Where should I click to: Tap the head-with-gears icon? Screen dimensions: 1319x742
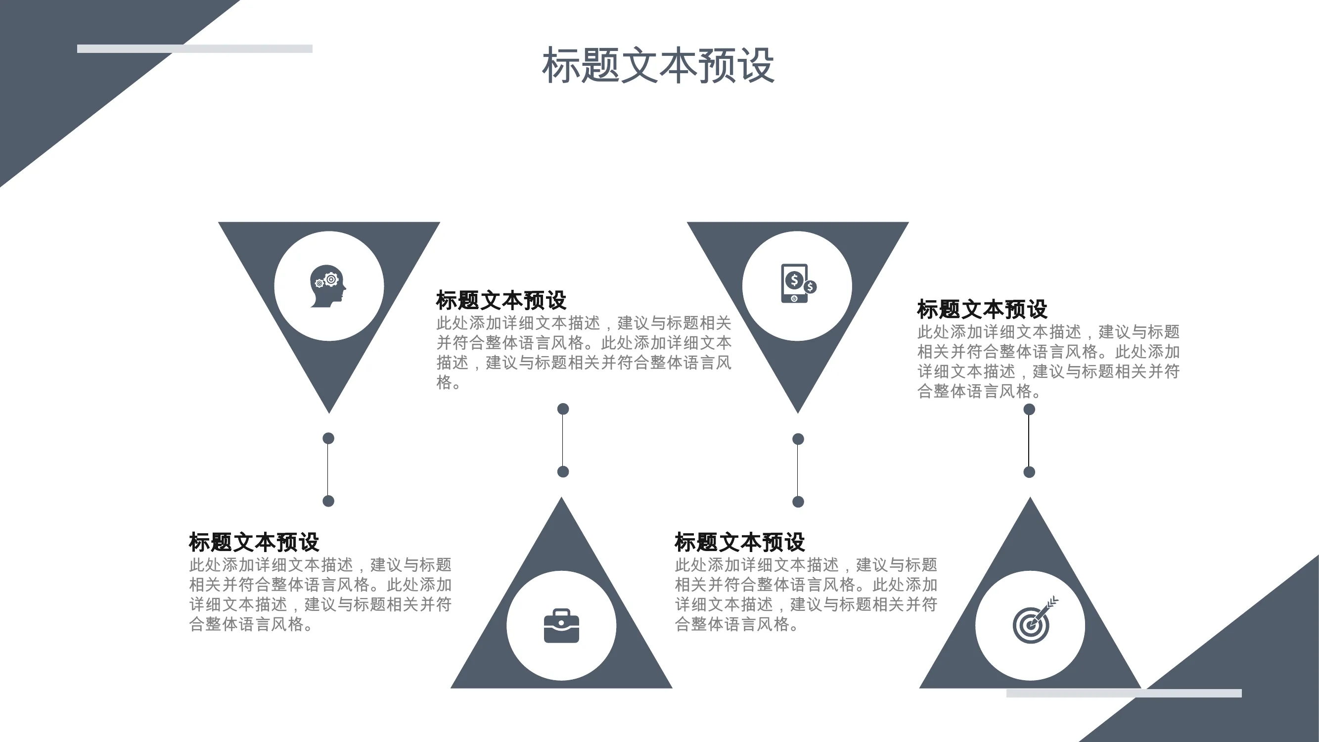(x=328, y=286)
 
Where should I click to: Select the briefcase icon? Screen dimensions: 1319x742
(x=561, y=625)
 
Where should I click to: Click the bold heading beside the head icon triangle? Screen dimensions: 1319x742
(x=501, y=301)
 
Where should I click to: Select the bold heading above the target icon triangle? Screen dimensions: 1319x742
(x=982, y=309)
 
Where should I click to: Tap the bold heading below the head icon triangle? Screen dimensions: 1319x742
(x=254, y=542)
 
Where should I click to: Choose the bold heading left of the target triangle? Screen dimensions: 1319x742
(x=739, y=542)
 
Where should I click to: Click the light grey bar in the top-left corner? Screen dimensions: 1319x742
(x=194, y=48)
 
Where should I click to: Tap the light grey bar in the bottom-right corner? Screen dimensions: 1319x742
(x=1124, y=693)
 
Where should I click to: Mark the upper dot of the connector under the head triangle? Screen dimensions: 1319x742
(x=328, y=438)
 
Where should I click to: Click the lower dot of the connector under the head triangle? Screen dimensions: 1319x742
(x=328, y=501)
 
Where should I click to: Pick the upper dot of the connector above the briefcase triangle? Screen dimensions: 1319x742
(x=563, y=409)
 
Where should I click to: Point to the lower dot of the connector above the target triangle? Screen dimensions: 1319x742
(x=1029, y=472)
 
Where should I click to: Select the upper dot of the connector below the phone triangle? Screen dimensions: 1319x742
(x=798, y=439)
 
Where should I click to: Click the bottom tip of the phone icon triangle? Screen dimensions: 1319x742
(x=798, y=413)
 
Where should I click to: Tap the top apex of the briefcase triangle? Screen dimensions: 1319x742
(x=561, y=497)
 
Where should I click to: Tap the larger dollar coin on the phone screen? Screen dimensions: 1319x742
(x=794, y=280)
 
